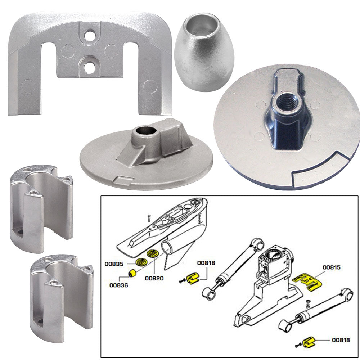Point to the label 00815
[x=332, y=267]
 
